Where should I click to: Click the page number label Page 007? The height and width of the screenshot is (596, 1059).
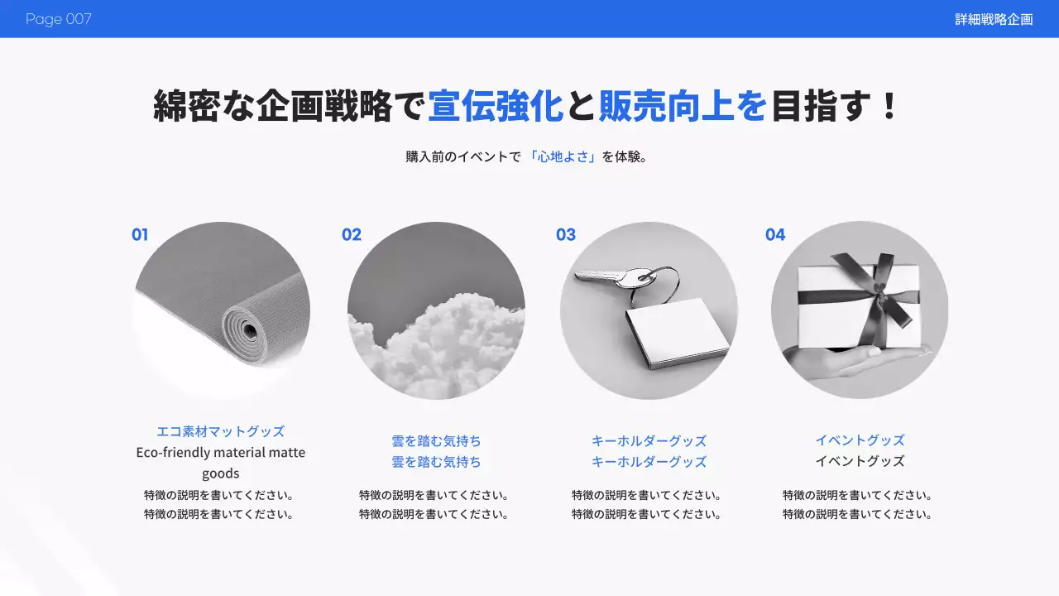[58, 19]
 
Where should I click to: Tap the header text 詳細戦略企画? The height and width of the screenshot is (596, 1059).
[994, 19]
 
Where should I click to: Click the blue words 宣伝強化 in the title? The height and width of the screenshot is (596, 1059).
[495, 107]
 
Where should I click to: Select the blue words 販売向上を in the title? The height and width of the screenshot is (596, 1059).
[683, 107]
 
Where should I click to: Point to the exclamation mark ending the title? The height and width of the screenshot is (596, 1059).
[889, 107]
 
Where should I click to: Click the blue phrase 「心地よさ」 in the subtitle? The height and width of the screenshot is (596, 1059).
[563, 156]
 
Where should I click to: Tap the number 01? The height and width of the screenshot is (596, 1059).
[140, 235]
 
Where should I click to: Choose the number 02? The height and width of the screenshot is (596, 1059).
[352, 235]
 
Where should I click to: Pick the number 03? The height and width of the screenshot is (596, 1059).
[566, 235]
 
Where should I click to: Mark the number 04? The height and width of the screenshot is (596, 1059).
[775, 235]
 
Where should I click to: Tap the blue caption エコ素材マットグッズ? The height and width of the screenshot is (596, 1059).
[220, 431]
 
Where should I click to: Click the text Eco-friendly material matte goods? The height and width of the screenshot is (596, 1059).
[220, 463]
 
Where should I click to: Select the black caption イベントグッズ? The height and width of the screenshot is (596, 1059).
[860, 462]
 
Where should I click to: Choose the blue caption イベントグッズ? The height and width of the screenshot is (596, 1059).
[860, 440]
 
